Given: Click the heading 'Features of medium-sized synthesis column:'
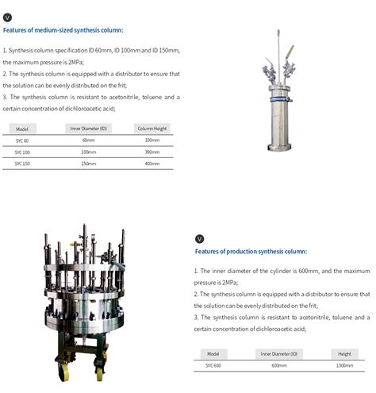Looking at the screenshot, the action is point(63,30).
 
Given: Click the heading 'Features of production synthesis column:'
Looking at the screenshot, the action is point(251,252).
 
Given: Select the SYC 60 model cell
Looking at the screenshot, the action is point(22,141).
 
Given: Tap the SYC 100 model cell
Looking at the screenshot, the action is point(22,152).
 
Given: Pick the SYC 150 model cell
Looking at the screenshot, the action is point(22,164).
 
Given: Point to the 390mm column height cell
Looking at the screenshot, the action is point(152,152).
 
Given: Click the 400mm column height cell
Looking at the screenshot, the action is point(152,164).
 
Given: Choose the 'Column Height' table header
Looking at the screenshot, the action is point(152,129).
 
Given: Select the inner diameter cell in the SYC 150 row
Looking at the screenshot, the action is point(89,164).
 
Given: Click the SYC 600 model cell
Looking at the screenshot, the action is point(213,365).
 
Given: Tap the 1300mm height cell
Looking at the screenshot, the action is point(344,365).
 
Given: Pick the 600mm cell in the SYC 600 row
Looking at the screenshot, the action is point(279,365).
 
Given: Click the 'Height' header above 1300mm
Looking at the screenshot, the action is point(344,354).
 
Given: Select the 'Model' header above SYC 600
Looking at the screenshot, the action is point(213,354).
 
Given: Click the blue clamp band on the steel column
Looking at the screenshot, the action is point(281,99).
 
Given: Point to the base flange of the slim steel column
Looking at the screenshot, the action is point(279,147).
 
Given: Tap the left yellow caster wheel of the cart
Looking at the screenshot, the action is point(63,372).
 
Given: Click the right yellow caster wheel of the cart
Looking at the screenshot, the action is point(99,373).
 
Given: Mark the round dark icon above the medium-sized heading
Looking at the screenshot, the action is point(7,17).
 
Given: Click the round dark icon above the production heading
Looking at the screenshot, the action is point(200,239).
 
